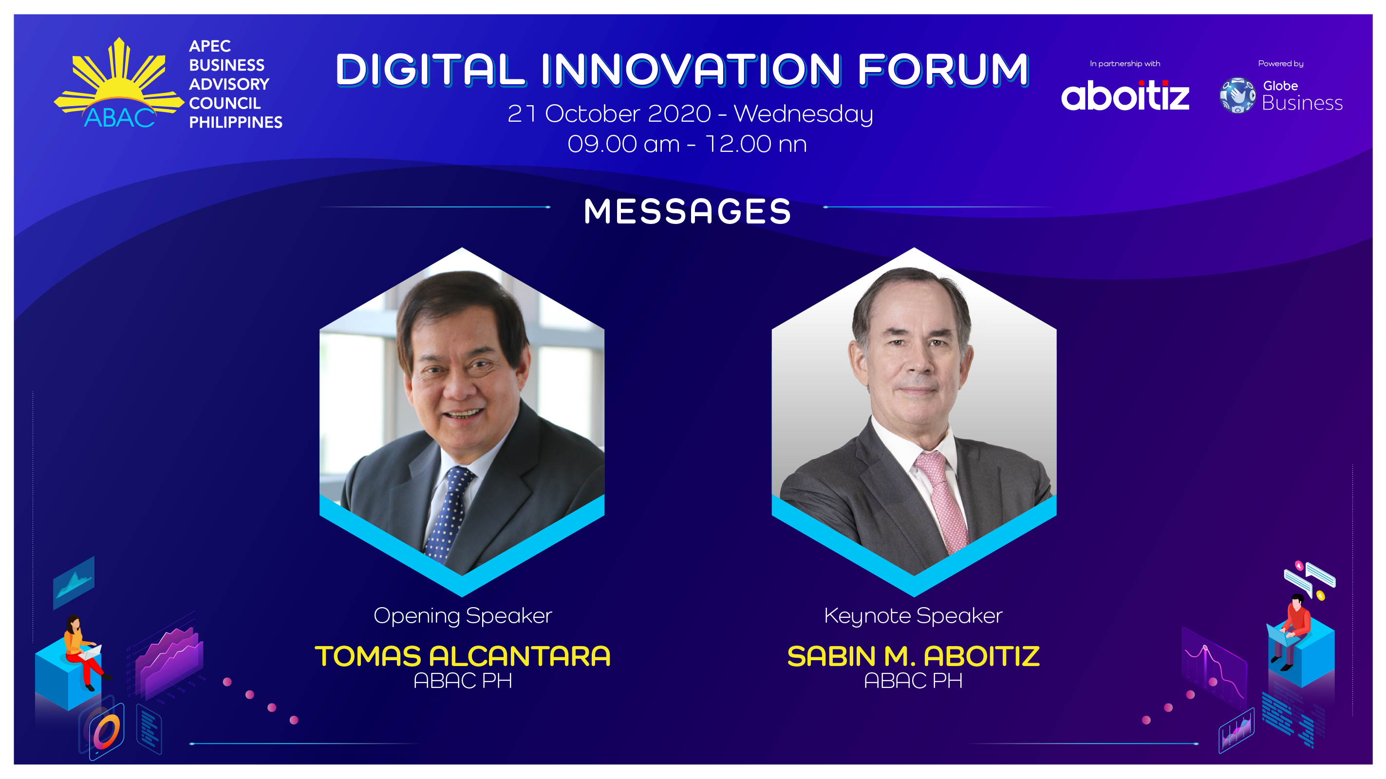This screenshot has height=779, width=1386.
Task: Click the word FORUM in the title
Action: [943, 70]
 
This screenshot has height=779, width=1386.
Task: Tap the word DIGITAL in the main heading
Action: [430, 70]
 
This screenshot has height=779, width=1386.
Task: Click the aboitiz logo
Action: [1125, 95]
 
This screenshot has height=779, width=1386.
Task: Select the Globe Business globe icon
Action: [1237, 95]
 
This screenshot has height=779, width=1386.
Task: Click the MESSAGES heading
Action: [687, 211]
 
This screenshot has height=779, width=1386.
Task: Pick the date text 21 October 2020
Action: [609, 113]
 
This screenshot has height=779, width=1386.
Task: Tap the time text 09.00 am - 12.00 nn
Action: [687, 144]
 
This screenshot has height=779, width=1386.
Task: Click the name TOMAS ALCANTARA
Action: [463, 656]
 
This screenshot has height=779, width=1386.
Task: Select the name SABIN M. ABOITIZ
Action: [913, 656]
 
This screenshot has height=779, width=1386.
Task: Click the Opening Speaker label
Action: [463, 616]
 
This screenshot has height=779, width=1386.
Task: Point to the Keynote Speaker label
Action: [913, 616]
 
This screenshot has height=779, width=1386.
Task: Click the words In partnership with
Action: [1125, 63]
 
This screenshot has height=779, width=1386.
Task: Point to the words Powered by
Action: [1280, 63]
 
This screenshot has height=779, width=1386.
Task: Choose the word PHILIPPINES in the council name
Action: [236, 122]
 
